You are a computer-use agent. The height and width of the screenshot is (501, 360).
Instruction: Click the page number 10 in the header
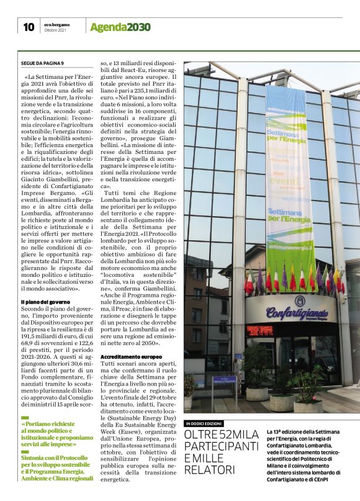tap(28, 27)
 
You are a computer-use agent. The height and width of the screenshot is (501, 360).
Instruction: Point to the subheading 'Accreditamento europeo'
tap(131, 357)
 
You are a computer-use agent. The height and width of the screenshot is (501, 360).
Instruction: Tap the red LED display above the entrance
tap(260, 330)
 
